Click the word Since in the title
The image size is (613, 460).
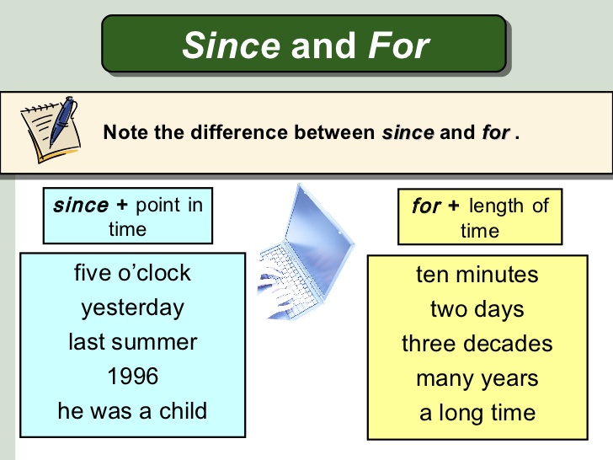pyautogui.click(x=232, y=45)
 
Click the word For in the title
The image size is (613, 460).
pyautogui.click(x=398, y=45)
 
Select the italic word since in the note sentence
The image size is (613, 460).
pyautogui.click(x=408, y=133)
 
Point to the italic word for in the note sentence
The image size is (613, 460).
pyautogui.click(x=495, y=133)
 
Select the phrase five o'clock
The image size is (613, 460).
pyautogui.click(x=132, y=273)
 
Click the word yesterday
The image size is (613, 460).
pyautogui.click(x=132, y=308)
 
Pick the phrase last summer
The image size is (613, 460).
pyautogui.click(x=132, y=342)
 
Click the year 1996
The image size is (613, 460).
pyautogui.click(x=132, y=377)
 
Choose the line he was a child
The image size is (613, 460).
pyautogui.click(x=132, y=411)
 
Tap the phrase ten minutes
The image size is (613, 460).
pyautogui.click(x=477, y=275)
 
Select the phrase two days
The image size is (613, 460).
pyautogui.click(x=477, y=309)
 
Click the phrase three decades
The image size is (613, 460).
pyautogui.click(x=477, y=344)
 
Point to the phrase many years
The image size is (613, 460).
pyautogui.click(x=477, y=378)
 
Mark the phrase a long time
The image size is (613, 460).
pyautogui.click(x=477, y=413)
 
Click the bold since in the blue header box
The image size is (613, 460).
pyautogui.click(x=80, y=206)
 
